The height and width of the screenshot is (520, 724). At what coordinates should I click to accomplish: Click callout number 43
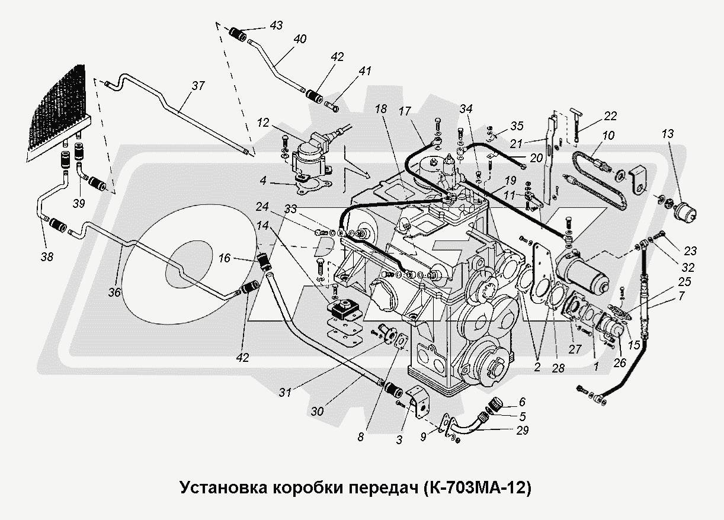point(276,25)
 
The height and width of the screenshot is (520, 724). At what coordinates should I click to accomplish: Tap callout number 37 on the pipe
point(197,86)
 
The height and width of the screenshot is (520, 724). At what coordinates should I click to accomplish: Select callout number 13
point(668,134)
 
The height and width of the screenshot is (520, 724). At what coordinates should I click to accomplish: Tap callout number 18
point(380,109)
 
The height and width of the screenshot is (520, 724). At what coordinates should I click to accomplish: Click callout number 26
point(620,363)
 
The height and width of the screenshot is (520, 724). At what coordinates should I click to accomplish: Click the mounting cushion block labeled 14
point(341,308)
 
